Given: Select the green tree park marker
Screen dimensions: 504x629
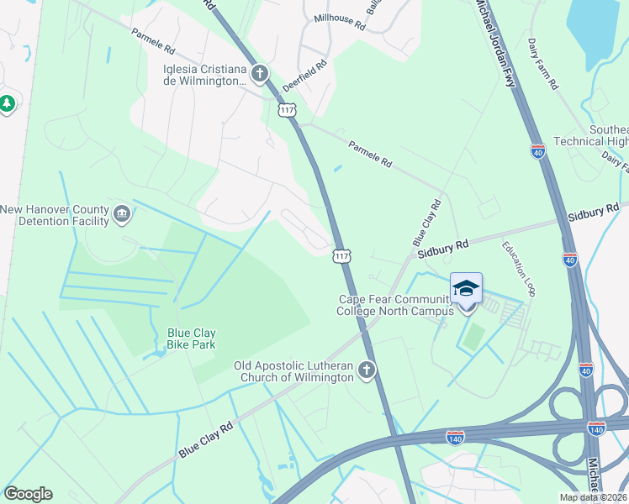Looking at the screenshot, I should coord(8,103).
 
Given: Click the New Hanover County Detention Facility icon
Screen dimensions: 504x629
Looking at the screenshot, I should coord(122,214).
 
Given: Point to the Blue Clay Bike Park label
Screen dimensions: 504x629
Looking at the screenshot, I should coord(191,339).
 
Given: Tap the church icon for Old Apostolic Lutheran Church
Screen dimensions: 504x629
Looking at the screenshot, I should coord(366,370).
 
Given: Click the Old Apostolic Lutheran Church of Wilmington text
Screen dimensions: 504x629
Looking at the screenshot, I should coord(293,370).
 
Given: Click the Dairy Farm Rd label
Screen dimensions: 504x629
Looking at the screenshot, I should coord(542,63).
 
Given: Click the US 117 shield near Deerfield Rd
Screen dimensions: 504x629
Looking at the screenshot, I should coord(288,110).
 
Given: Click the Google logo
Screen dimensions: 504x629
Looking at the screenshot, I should coord(28,494).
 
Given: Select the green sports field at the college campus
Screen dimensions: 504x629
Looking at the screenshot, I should coord(473,337).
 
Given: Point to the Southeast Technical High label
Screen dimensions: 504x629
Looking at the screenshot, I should coord(590,135).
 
